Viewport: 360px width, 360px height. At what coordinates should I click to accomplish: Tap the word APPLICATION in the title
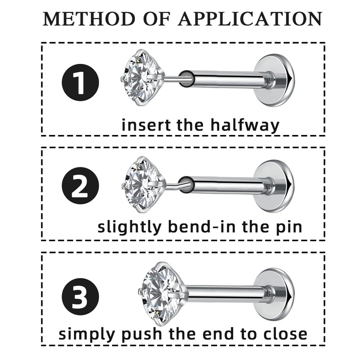click(x=250, y=19)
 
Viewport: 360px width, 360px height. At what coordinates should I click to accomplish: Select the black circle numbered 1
click(x=80, y=82)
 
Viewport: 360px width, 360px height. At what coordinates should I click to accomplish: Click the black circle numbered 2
click(x=80, y=186)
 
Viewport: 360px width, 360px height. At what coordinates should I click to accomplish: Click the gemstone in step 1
click(x=140, y=77)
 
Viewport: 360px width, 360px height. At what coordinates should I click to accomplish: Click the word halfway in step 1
click(x=245, y=125)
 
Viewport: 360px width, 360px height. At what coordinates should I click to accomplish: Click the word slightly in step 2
click(x=129, y=227)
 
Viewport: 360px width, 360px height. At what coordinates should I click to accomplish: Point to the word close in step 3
click(x=283, y=334)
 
